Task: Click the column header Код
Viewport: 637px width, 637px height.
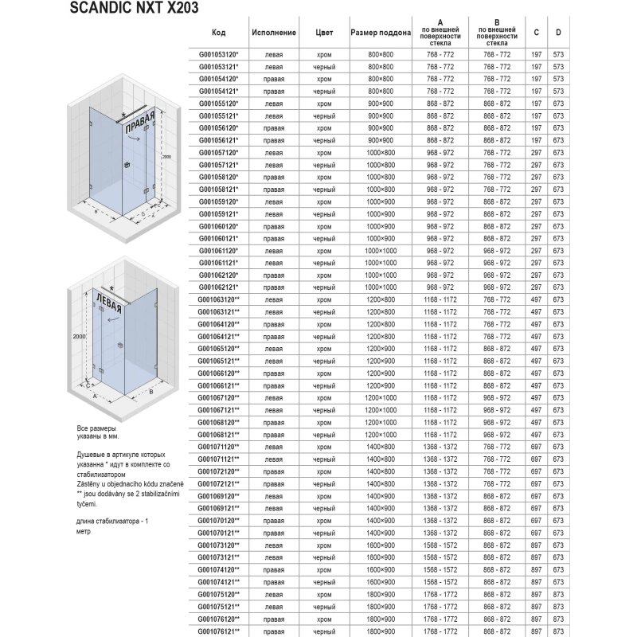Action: tap(219, 33)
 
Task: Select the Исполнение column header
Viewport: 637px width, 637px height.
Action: tap(274, 33)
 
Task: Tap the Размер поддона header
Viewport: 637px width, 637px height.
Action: tap(381, 33)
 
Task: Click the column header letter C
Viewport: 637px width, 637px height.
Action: tap(537, 33)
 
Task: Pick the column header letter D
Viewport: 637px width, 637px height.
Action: tap(559, 33)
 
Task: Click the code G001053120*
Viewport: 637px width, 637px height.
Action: tap(219, 54)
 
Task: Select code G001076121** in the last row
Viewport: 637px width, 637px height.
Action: tap(219, 631)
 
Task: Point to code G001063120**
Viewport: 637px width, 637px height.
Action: tap(219, 299)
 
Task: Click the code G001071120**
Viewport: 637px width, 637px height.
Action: tap(219, 447)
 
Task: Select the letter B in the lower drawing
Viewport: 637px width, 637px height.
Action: tap(150, 391)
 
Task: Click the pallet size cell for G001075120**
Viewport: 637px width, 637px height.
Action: tap(381, 593)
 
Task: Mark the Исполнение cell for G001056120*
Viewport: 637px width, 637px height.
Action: tap(274, 127)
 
